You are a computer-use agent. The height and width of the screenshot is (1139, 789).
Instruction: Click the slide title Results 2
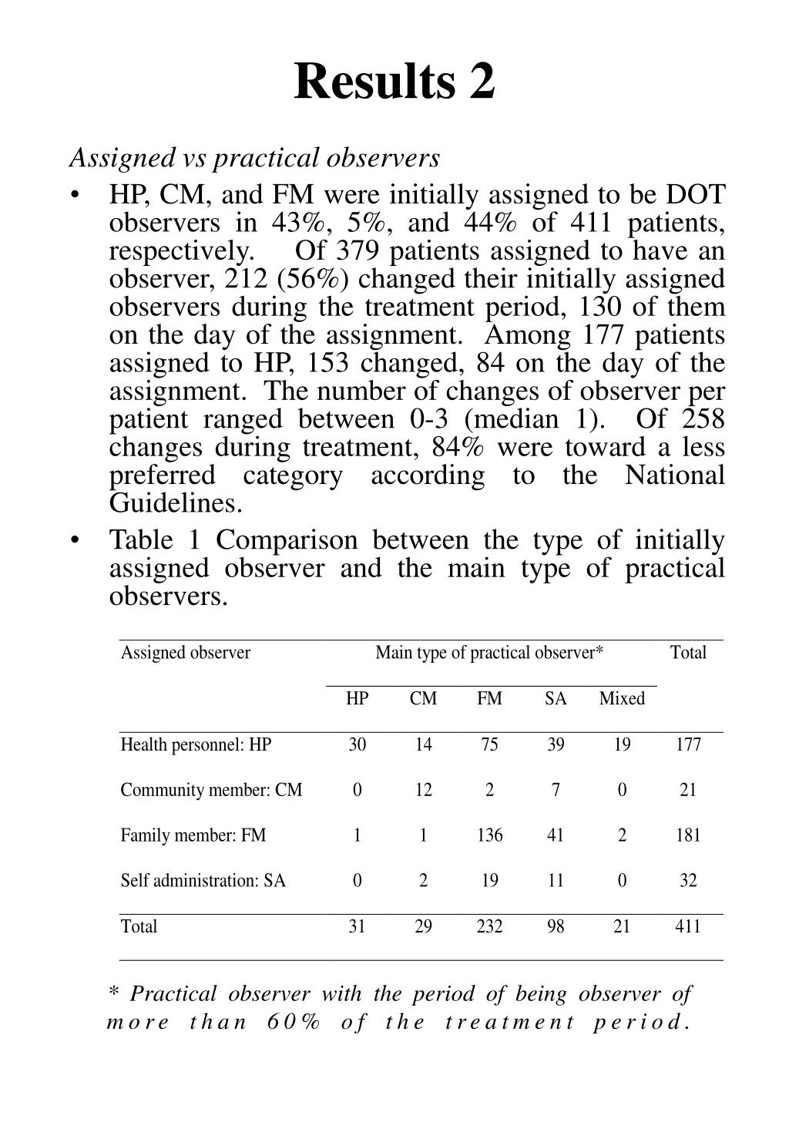(x=394, y=81)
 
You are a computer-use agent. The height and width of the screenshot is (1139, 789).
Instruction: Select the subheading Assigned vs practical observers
(x=254, y=157)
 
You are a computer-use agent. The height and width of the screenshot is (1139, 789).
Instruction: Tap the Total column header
(x=688, y=653)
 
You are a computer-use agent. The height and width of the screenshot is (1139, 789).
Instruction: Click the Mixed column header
(x=621, y=698)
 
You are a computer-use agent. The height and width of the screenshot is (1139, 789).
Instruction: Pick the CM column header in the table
(x=423, y=698)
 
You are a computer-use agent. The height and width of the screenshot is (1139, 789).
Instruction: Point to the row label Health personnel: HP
(x=196, y=744)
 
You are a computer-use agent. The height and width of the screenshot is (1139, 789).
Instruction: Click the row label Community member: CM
(x=211, y=790)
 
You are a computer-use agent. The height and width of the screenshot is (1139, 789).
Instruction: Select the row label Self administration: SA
(x=203, y=880)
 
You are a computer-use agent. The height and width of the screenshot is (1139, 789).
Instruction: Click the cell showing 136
(x=489, y=835)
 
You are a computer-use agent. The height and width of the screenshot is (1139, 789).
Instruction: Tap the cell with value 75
(x=489, y=744)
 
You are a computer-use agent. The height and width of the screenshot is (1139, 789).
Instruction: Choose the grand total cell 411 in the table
(x=687, y=926)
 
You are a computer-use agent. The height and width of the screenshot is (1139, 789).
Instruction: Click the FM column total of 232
(x=489, y=926)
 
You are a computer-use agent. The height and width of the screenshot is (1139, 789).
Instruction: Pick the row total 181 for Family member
(x=687, y=835)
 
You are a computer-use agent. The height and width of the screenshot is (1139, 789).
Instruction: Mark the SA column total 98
(x=556, y=926)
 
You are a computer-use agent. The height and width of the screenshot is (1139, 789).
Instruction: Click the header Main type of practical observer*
(x=489, y=653)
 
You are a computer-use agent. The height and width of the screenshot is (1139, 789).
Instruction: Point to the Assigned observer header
(x=186, y=653)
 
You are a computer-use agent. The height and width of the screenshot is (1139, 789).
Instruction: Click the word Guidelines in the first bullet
(x=176, y=504)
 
